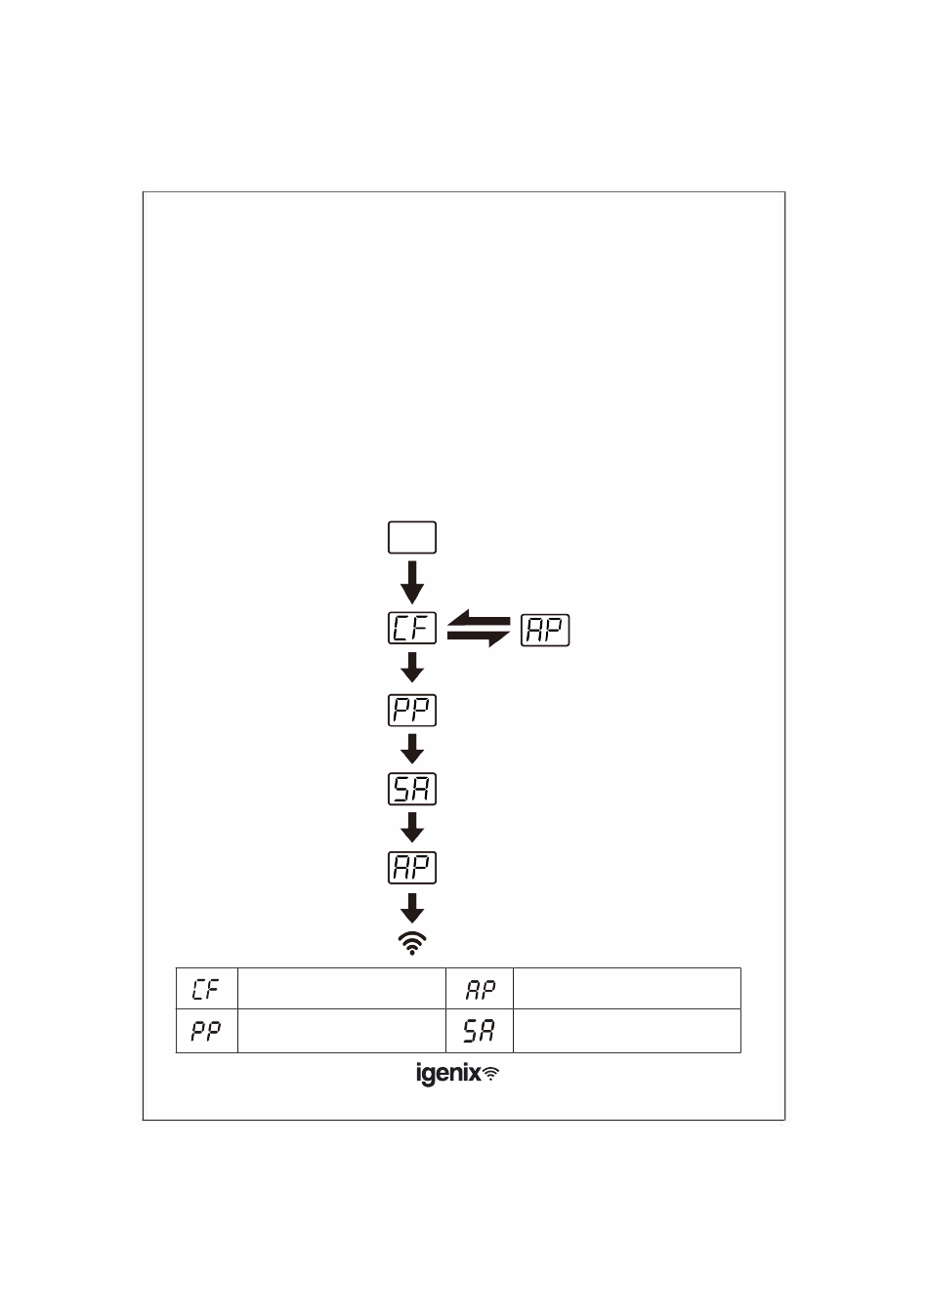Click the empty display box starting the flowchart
412,538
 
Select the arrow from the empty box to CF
412,582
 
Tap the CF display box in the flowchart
412,629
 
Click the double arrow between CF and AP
479,630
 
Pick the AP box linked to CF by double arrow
545,631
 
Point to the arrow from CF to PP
412,668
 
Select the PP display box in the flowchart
412,710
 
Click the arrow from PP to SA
412,749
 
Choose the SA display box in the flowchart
412,789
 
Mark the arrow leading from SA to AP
412,828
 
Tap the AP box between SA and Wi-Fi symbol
412,868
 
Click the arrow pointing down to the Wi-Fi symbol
412,908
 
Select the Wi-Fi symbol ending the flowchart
412,943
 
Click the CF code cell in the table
206,990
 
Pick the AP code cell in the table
480,990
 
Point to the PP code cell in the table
206,1031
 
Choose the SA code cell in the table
480,1031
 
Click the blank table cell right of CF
342,989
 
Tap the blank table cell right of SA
626,1031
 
